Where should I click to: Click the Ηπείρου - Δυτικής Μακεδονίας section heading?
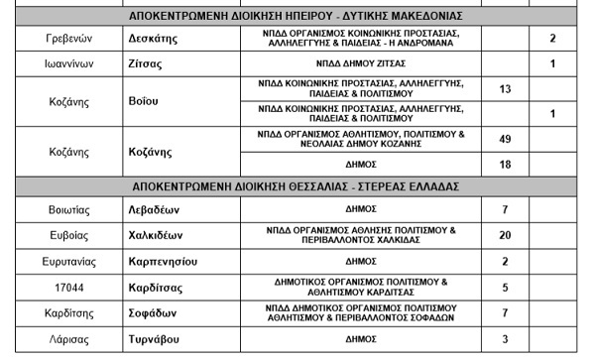click(297, 16)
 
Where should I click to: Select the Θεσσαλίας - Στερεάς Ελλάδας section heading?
click(297, 185)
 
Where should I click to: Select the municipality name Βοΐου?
click(146, 101)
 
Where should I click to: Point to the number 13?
click(505, 89)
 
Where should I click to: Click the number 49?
click(505, 139)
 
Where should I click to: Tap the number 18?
click(505, 164)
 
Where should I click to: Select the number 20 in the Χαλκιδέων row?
click(505, 235)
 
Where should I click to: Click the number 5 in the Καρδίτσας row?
click(505, 288)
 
